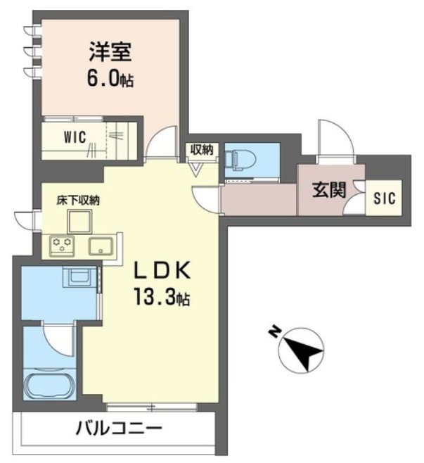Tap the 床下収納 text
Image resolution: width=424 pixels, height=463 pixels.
tap(78, 200)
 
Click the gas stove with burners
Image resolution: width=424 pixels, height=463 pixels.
tap(62, 246)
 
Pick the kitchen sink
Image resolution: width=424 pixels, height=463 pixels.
tap(101, 246)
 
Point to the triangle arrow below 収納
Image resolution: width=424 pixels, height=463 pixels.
tap(197, 169)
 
